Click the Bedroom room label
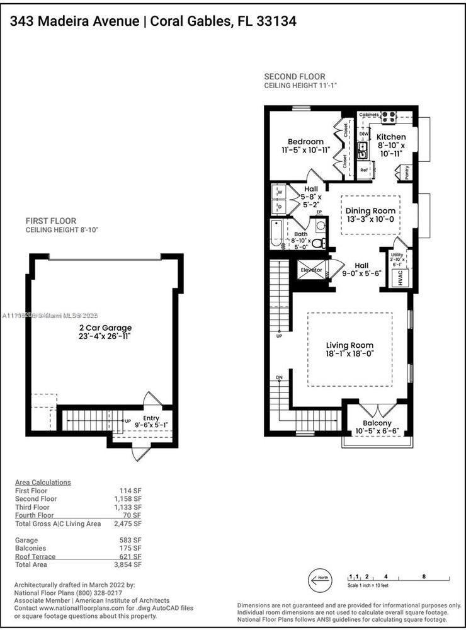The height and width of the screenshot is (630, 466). tap(306, 142)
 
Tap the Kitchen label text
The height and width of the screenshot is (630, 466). tap(391, 137)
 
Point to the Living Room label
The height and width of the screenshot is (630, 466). tap(349, 345)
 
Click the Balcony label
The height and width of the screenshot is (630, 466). tap(377, 423)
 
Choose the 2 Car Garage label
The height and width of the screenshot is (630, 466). tap(101, 328)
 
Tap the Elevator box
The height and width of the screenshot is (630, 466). tap(311, 270)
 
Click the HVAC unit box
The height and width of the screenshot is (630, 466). tap(401, 279)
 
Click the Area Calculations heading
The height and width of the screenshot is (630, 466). tap(43, 483)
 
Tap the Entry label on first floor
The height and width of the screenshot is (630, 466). tap(151, 418)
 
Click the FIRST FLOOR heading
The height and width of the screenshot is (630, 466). tap(51, 221)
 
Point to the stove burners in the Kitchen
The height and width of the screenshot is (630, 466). tap(389, 116)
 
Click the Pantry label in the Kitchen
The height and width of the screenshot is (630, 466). tap(407, 173)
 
